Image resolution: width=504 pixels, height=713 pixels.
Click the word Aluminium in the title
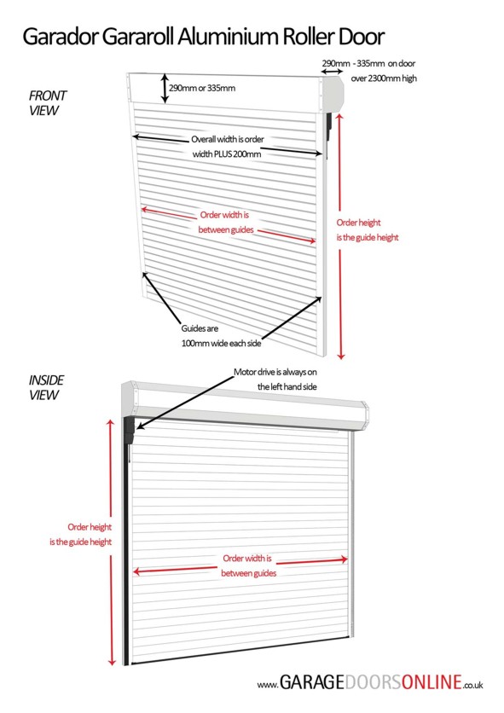point(229,37)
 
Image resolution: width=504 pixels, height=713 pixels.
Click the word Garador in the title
point(61,37)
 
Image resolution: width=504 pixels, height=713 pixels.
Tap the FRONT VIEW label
point(47,103)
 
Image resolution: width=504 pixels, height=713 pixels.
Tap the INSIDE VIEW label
point(46,387)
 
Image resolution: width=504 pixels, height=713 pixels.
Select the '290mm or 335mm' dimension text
point(202,88)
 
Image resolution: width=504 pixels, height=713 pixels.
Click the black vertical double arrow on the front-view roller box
point(165,88)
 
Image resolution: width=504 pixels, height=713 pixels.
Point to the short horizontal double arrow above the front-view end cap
point(332,72)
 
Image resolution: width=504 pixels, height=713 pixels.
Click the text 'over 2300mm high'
point(384,78)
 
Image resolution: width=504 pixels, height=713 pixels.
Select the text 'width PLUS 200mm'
point(227,154)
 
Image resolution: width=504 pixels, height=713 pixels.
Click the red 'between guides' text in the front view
point(226,230)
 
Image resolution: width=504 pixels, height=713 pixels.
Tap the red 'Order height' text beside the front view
point(358,223)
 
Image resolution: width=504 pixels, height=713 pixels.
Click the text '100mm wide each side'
point(221,344)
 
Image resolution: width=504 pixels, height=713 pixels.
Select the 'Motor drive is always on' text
point(275,372)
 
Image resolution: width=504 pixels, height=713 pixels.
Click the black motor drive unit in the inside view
point(129,431)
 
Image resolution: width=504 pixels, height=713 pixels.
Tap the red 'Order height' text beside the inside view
point(90,527)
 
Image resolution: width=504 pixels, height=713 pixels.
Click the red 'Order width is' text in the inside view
point(247,559)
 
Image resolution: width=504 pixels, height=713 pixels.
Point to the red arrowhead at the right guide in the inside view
point(344,559)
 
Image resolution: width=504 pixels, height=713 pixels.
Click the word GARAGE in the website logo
point(312,682)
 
